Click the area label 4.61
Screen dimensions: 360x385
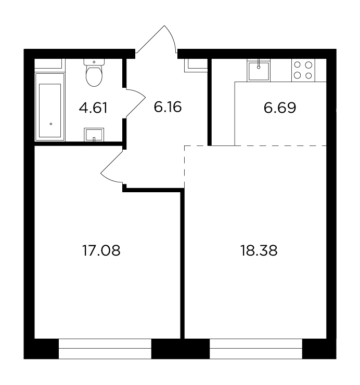tap(93, 108)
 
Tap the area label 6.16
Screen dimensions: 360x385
tap(168, 107)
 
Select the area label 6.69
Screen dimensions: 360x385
tap(280, 108)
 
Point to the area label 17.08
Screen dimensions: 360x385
tap(101, 251)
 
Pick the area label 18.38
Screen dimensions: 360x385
tap(259, 251)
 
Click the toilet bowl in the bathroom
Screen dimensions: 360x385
tap(94, 76)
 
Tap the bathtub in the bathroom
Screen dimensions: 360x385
tap(50, 107)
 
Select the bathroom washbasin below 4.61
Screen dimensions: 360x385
tap(94, 135)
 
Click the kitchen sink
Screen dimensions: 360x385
tap(259, 71)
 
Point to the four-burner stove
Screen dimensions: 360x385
tap(303, 70)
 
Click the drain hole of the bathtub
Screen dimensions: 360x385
tap(51, 124)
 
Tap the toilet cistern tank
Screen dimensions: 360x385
tap(94, 62)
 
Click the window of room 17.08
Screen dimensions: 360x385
tap(105, 349)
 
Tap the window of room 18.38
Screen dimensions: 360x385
tap(256, 349)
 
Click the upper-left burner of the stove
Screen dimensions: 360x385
tap(297, 65)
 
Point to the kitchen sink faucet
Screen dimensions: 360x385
tap(259, 64)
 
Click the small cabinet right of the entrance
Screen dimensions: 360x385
tap(196, 65)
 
